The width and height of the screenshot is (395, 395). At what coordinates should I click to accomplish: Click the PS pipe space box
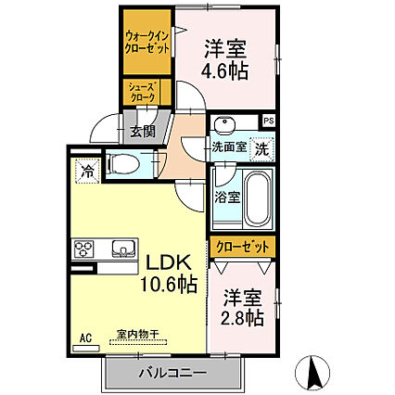coord(268,121)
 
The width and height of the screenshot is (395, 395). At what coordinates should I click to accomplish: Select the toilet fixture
coord(121,164)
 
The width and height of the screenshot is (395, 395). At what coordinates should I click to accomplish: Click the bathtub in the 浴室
coord(256,197)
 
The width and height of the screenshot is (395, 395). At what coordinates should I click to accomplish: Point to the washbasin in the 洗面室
coord(224,124)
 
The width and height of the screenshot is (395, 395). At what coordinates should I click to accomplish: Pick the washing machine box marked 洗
coord(261,149)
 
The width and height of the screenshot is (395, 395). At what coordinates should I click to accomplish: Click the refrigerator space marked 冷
coord(88,171)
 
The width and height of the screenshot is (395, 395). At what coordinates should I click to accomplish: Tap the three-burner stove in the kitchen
coord(83,249)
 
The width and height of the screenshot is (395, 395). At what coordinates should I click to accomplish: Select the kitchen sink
coord(123,248)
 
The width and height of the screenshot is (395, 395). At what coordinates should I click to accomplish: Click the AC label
coord(85,338)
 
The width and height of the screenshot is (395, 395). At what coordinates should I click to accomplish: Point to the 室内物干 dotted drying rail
coord(138,342)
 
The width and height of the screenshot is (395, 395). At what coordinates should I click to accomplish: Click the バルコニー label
coord(172,373)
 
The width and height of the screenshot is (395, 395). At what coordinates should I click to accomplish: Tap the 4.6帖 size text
coord(224,71)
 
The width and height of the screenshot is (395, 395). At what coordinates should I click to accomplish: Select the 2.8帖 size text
coord(242,317)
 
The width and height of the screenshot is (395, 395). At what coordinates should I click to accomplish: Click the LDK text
coord(167,262)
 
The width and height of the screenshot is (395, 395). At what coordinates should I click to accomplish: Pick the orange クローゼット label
coord(242,247)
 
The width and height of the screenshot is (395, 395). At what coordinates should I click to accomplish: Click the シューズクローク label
coord(143,92)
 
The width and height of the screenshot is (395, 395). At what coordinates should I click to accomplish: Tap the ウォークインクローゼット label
coord(147,43)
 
